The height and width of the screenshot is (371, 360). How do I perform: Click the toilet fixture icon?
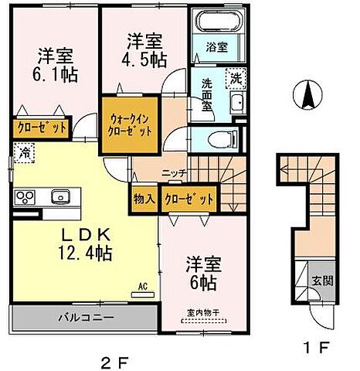(x=225, y=139)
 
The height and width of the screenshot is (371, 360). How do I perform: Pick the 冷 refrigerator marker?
(x=25, y=154)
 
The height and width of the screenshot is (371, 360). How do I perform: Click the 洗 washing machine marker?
(x=233, y=77)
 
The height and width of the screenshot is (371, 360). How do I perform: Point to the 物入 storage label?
(x=144, y=199)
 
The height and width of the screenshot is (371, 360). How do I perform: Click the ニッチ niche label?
(x=172, y=174)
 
